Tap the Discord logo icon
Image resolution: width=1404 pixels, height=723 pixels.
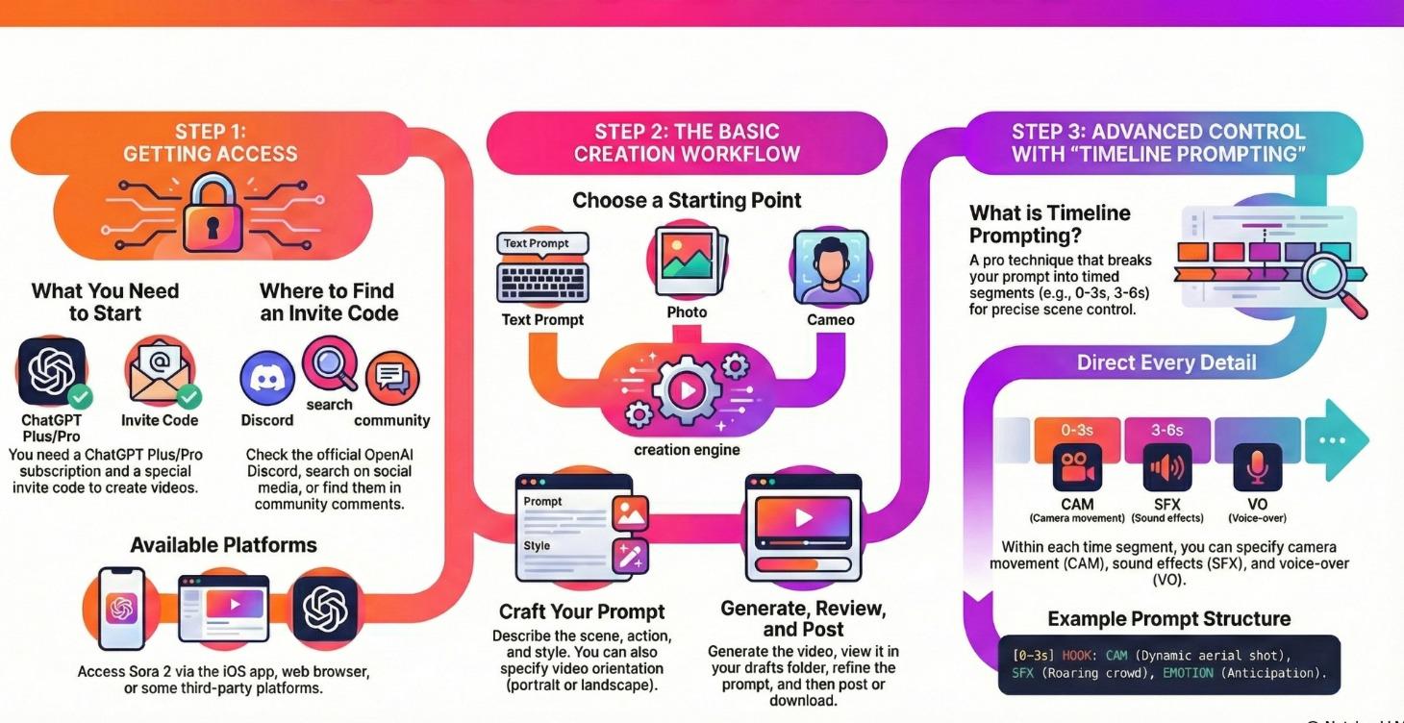tap(267, 379)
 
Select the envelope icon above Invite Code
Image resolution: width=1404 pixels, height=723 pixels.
tap(160, 371)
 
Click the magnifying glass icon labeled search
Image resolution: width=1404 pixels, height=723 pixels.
tap(330, 363)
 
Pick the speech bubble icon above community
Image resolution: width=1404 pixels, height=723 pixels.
tap(392, 377)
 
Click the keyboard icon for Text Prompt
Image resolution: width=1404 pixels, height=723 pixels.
tap(542, 283)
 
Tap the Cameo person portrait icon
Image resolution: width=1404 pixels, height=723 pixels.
tap(831, 267)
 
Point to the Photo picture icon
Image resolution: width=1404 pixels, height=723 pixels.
tap(689, 262)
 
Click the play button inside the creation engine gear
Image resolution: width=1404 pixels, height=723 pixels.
tap(687, 389)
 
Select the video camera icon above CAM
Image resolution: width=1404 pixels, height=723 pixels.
tap(1077, 467)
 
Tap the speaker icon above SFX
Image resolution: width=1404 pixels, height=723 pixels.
tap(1167, 467)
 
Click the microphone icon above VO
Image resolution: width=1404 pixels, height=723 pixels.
tap(1257, 467)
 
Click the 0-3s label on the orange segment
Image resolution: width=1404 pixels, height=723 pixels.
tap(1077, 431)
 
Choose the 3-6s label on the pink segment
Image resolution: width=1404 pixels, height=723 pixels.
tap(1167, 431)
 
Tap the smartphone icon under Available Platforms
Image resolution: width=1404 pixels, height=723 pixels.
tap(121, 609)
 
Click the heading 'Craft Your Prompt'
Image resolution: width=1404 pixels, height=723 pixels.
tap(582, 611)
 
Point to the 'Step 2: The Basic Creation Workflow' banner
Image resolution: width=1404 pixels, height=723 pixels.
tap(687, 143)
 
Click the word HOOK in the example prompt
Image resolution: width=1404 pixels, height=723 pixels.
tap(1077, 656)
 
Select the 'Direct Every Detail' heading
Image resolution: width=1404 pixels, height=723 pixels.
tap(1166, 362)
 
